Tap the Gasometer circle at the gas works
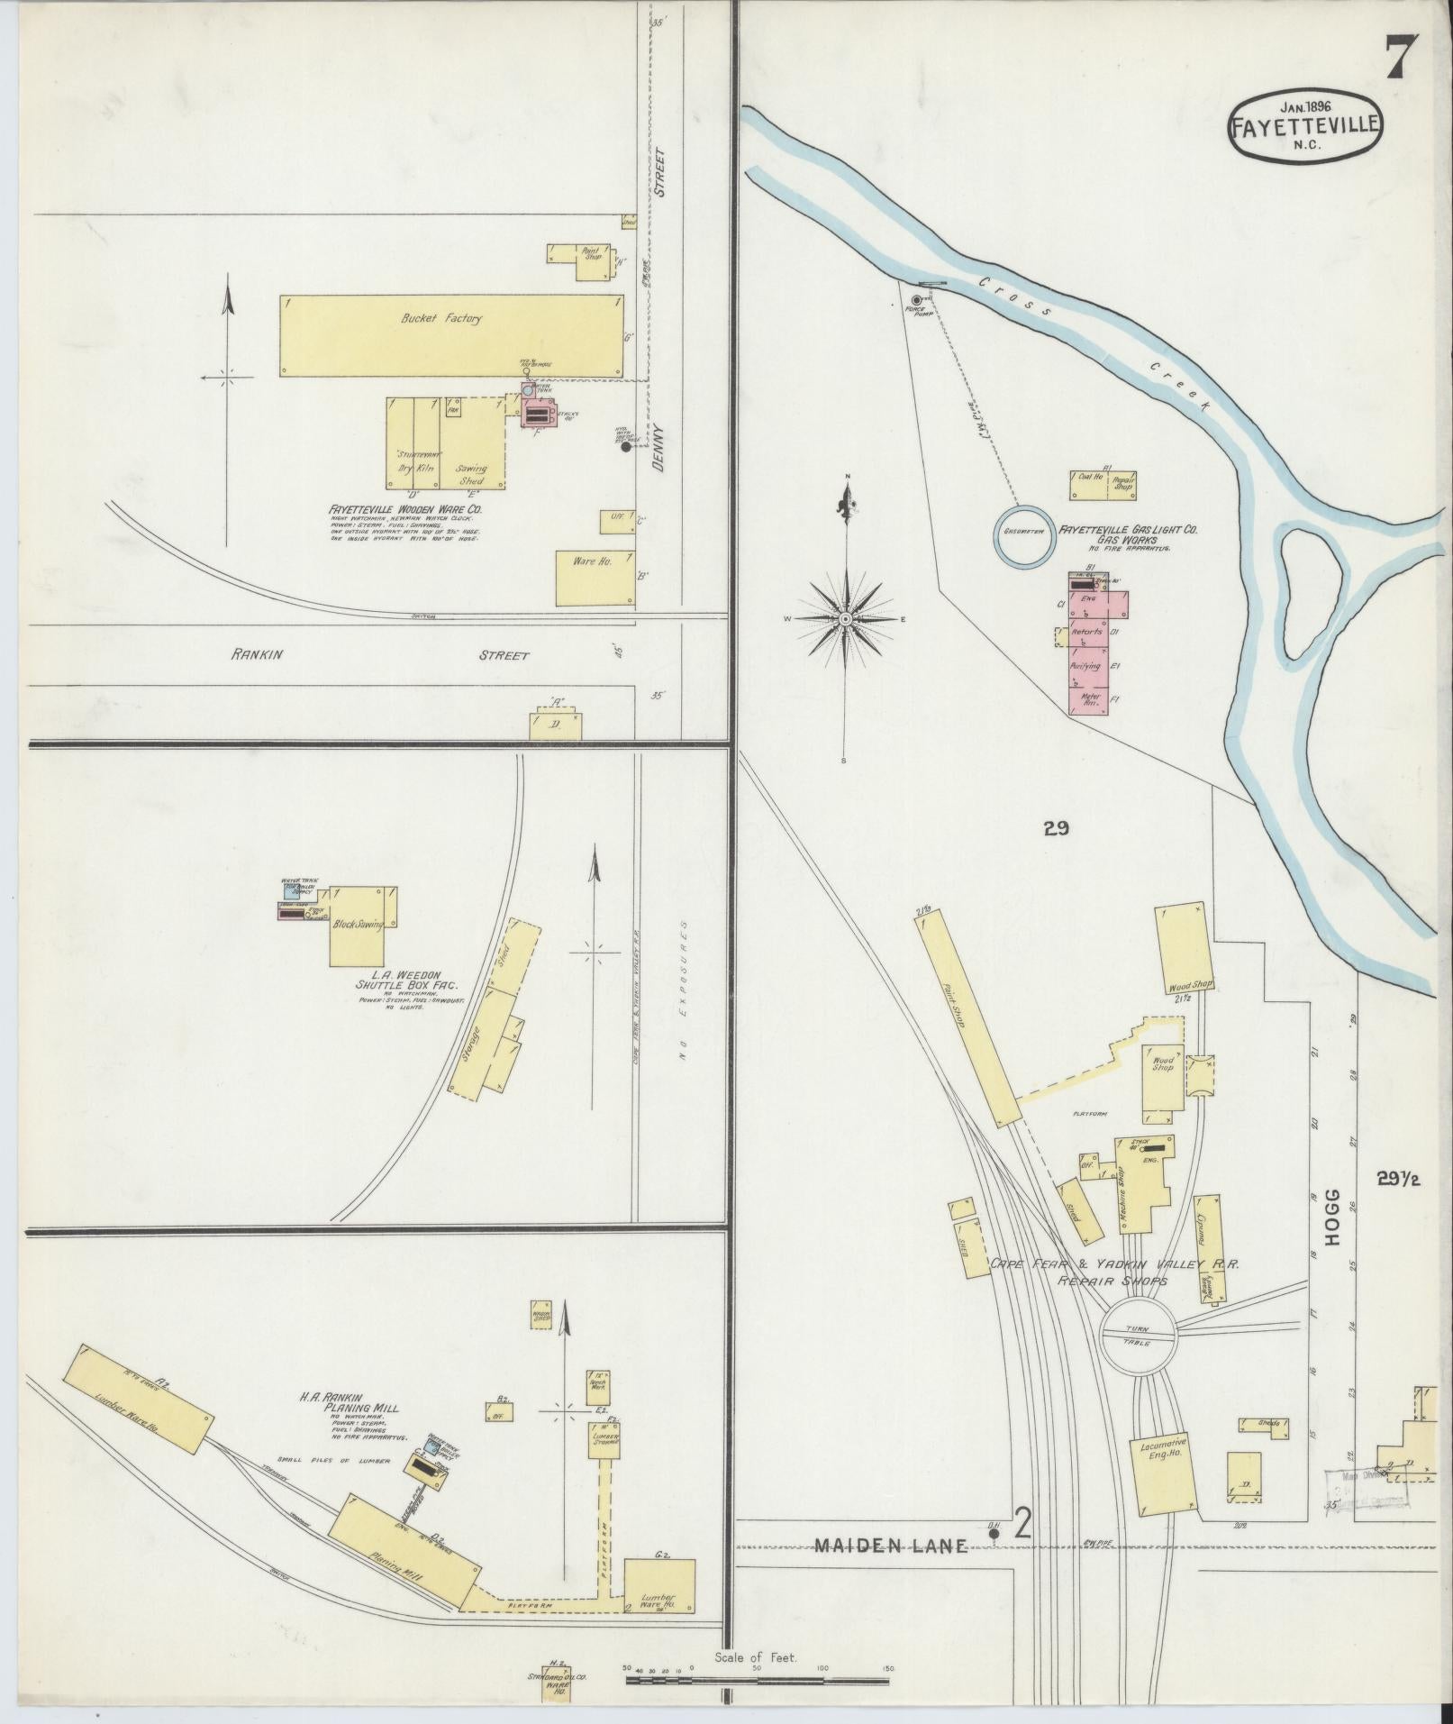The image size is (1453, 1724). tap(1023, 532)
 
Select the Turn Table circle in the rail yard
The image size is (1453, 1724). tap(1139, 1336)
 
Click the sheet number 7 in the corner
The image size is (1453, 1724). tap(1402, 59)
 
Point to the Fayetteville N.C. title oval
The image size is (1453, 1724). tap(1304, 127)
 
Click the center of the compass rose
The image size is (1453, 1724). tap(846, 619)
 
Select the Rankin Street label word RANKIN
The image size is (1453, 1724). tap(258, 655)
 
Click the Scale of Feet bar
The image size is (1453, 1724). tap(757, 1681)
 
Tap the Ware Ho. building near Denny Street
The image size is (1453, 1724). tap(593, 577)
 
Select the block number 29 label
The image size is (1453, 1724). tap(1056, 828)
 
